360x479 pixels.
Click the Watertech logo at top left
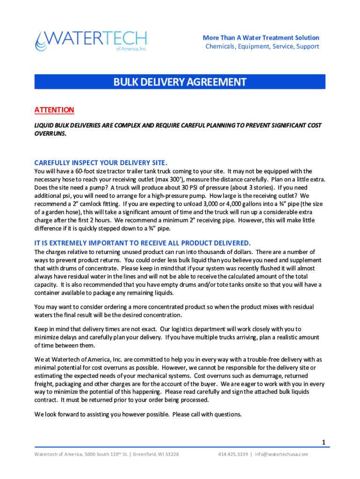click(91, 41)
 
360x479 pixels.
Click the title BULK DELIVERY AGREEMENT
click(180, 82)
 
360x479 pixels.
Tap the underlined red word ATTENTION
click(54, 110)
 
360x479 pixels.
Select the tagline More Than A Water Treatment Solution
click(261, 37)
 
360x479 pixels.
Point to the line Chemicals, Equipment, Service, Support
click(262, 46)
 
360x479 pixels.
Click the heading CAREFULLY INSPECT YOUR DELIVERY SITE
click(101, 163)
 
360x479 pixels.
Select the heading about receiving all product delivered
click(143, 243)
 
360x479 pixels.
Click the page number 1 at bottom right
click(323, 442)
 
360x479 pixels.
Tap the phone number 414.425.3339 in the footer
click(232, 454)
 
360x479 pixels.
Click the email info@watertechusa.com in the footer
click(281, 454)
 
